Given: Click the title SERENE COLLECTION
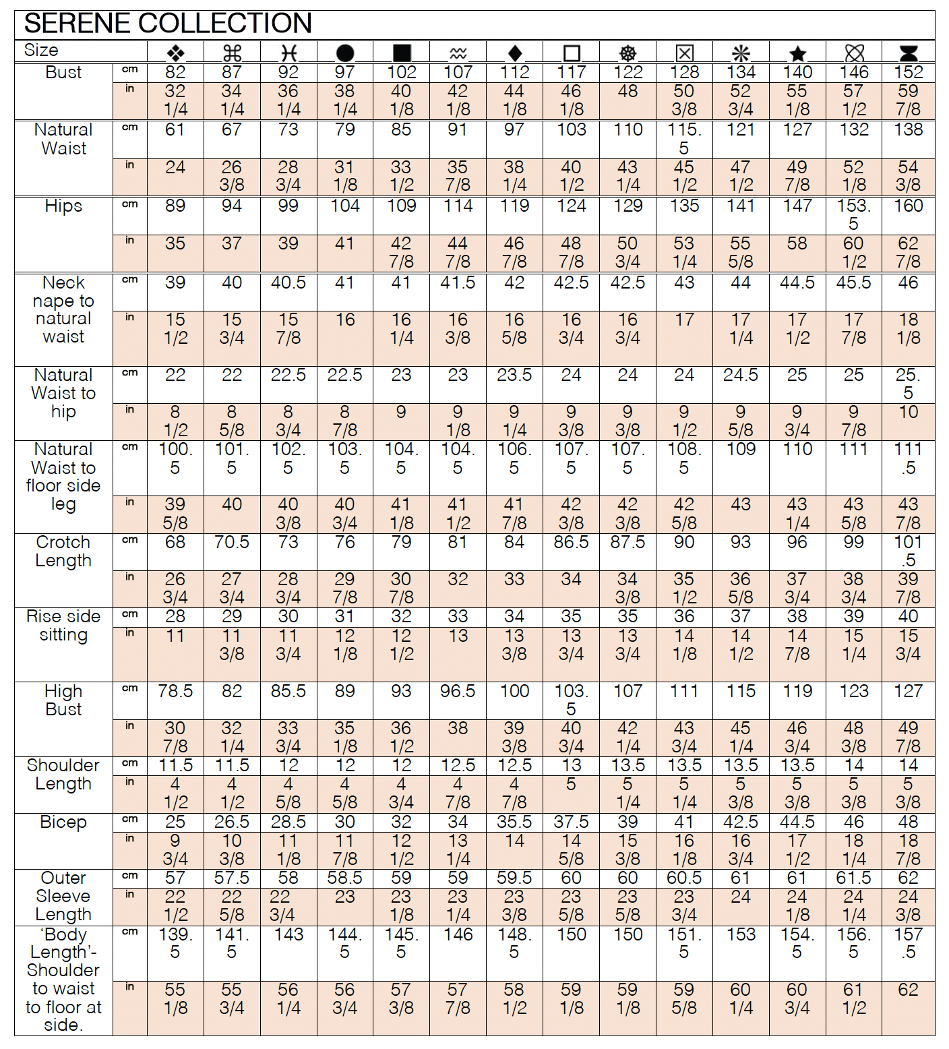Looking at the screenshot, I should pyautogui.click(x=168, y=24).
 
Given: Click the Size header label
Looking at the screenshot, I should pyautogui.click(x=41, y=51).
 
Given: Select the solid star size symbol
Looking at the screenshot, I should pyautogui.click(x=797, y=53).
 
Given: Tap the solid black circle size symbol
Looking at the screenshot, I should pyautogui.click(x=344, y=53).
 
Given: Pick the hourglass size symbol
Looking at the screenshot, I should pyautogui.click(x=909, y=53).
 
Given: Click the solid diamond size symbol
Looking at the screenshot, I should pyautogui.click(x=514, y=53).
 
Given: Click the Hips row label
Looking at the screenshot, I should pyautogui.click(x=63, y=206).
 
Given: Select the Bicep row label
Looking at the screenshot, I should pyautogui.click(x=63, y=822).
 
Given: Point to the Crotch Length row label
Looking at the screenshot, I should pyautogui.click(x=63, y=551).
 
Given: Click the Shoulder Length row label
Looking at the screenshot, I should pyautogui.click(x=63, y=775).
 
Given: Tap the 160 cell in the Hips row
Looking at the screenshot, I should pyautogui.click(x=909, y=206).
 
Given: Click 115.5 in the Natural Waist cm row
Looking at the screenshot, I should pyautogui.click(x=684, y=139).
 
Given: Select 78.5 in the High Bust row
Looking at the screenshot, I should pyautogui.click(x=175, y=691).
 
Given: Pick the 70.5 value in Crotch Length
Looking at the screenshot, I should pyautogui.click(x=232, y=543).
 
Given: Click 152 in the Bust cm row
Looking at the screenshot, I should pyautogui.click(x=909, y=73).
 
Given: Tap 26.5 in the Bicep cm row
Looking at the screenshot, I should pyautogui.click(x=232, y=822).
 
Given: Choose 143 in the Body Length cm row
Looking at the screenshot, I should pyautogui.click(x=288, y=935).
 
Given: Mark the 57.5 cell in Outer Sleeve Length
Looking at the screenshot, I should pyautogui.click(x=232, y=878).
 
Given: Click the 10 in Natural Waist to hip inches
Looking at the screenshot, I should pyautogui.click(x=909, y=412).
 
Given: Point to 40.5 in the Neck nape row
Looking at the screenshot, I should pyautogui.click(x=288, y=283).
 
